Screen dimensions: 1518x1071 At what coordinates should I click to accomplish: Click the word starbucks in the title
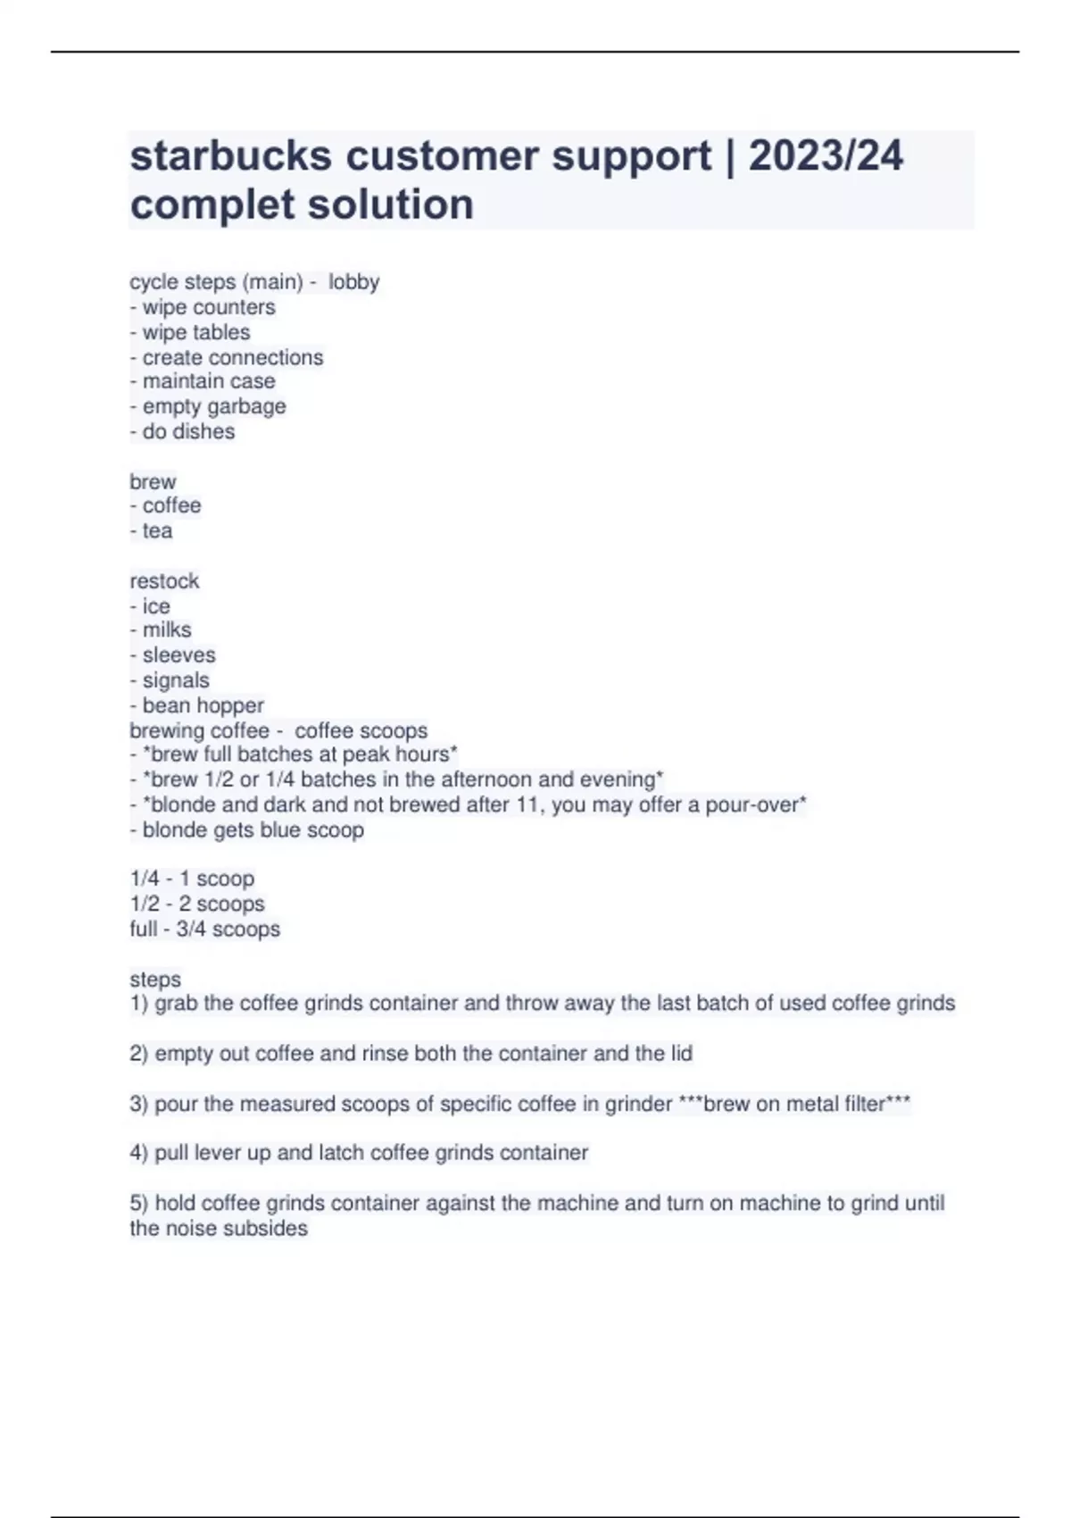tap(231, 155)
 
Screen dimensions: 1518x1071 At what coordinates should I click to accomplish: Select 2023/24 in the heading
tap(826, 155)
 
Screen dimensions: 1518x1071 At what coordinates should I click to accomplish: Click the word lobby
tap(353, 282)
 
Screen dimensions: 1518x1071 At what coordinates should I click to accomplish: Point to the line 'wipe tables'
tap(190, 332)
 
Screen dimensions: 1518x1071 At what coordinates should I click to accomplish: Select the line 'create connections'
tap(227, 357)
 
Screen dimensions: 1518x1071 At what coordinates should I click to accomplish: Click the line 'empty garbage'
tap(208, 406)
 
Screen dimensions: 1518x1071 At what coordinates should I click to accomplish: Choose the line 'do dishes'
tap(183, 431)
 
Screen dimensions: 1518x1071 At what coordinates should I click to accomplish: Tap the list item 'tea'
tap(152, 530)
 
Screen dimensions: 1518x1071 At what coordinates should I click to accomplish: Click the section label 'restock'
tap(164, 580)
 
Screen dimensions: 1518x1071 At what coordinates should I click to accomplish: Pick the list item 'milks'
tap(161, 630)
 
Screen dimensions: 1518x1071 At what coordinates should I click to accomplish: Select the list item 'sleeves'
tap(173, 655)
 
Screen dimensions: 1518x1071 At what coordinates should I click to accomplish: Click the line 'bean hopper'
tap(197, 705)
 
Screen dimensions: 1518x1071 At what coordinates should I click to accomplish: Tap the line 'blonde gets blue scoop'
tap(247, 830)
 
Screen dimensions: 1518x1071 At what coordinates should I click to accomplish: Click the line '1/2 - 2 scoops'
tap(197, 904)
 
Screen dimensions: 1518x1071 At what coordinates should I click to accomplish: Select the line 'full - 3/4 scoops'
tap(204, 929)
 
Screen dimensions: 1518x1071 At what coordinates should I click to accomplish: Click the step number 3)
tap(138, 1104)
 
